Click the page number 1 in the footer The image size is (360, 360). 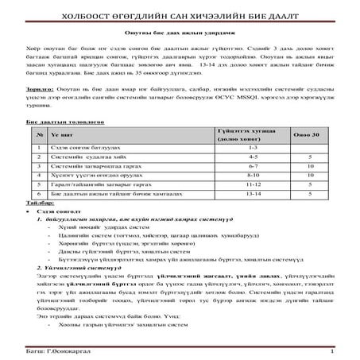click(330, 350)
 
